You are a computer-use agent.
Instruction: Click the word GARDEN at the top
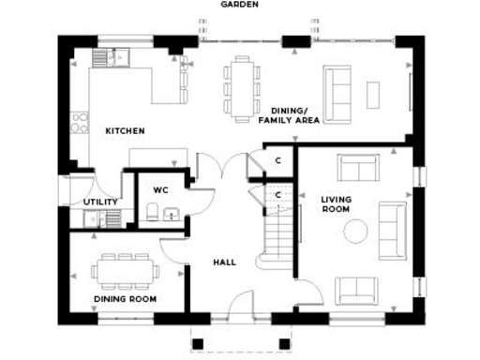click(240, 5)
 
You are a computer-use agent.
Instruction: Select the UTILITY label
click(100, 202)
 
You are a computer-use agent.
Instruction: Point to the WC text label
click(160, 189)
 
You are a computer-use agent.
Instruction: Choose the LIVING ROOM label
click(336, 204)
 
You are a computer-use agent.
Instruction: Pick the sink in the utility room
click(92, 218)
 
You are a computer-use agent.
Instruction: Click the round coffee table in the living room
click(356, 231)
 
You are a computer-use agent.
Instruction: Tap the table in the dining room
click(125, 272)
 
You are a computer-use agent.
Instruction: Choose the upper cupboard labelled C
click(277, 160)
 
